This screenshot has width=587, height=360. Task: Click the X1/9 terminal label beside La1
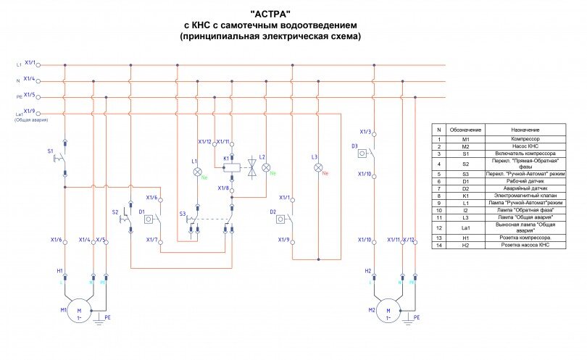(x=30, y=111)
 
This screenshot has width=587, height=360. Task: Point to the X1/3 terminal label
(x=365, y=132)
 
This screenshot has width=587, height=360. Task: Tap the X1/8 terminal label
(x=224, y=188)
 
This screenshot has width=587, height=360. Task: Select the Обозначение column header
(x=465, y=128)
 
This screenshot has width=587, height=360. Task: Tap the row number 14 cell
(x=438, y=246)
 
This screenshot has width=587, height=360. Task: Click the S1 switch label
(x=50, y=151)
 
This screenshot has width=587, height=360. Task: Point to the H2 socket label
(x=367, y=270)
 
